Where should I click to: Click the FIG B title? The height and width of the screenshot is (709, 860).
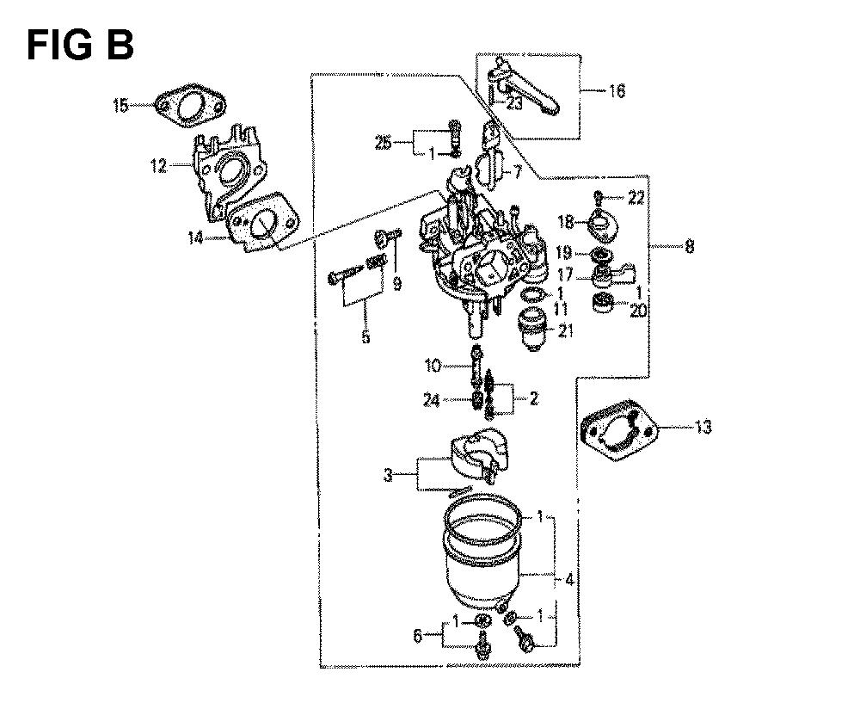pyautogui.click(x=80, y=45)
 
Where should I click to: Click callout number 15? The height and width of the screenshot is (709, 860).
pyautogui.click(x=120, y=105)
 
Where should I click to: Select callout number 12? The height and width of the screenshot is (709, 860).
pyautogui.click(x=158, y=165)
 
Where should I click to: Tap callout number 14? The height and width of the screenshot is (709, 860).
pyautogui.click(x=196, y=237)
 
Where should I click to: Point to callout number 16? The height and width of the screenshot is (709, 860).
pyautogui.click(x=617, y=90)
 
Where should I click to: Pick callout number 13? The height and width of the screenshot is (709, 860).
pyautogui.click(x=703, y=427)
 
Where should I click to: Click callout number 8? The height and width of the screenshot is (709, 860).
pyautogui.click(x=690, y=246)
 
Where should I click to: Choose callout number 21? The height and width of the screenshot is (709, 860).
pyautogui.click(x=566, y=330)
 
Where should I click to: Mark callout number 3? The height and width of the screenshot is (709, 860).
pyautogui.click(x=388, y=475)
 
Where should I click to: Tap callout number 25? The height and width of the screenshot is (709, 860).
pyautogui.click(x=384, y=143)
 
